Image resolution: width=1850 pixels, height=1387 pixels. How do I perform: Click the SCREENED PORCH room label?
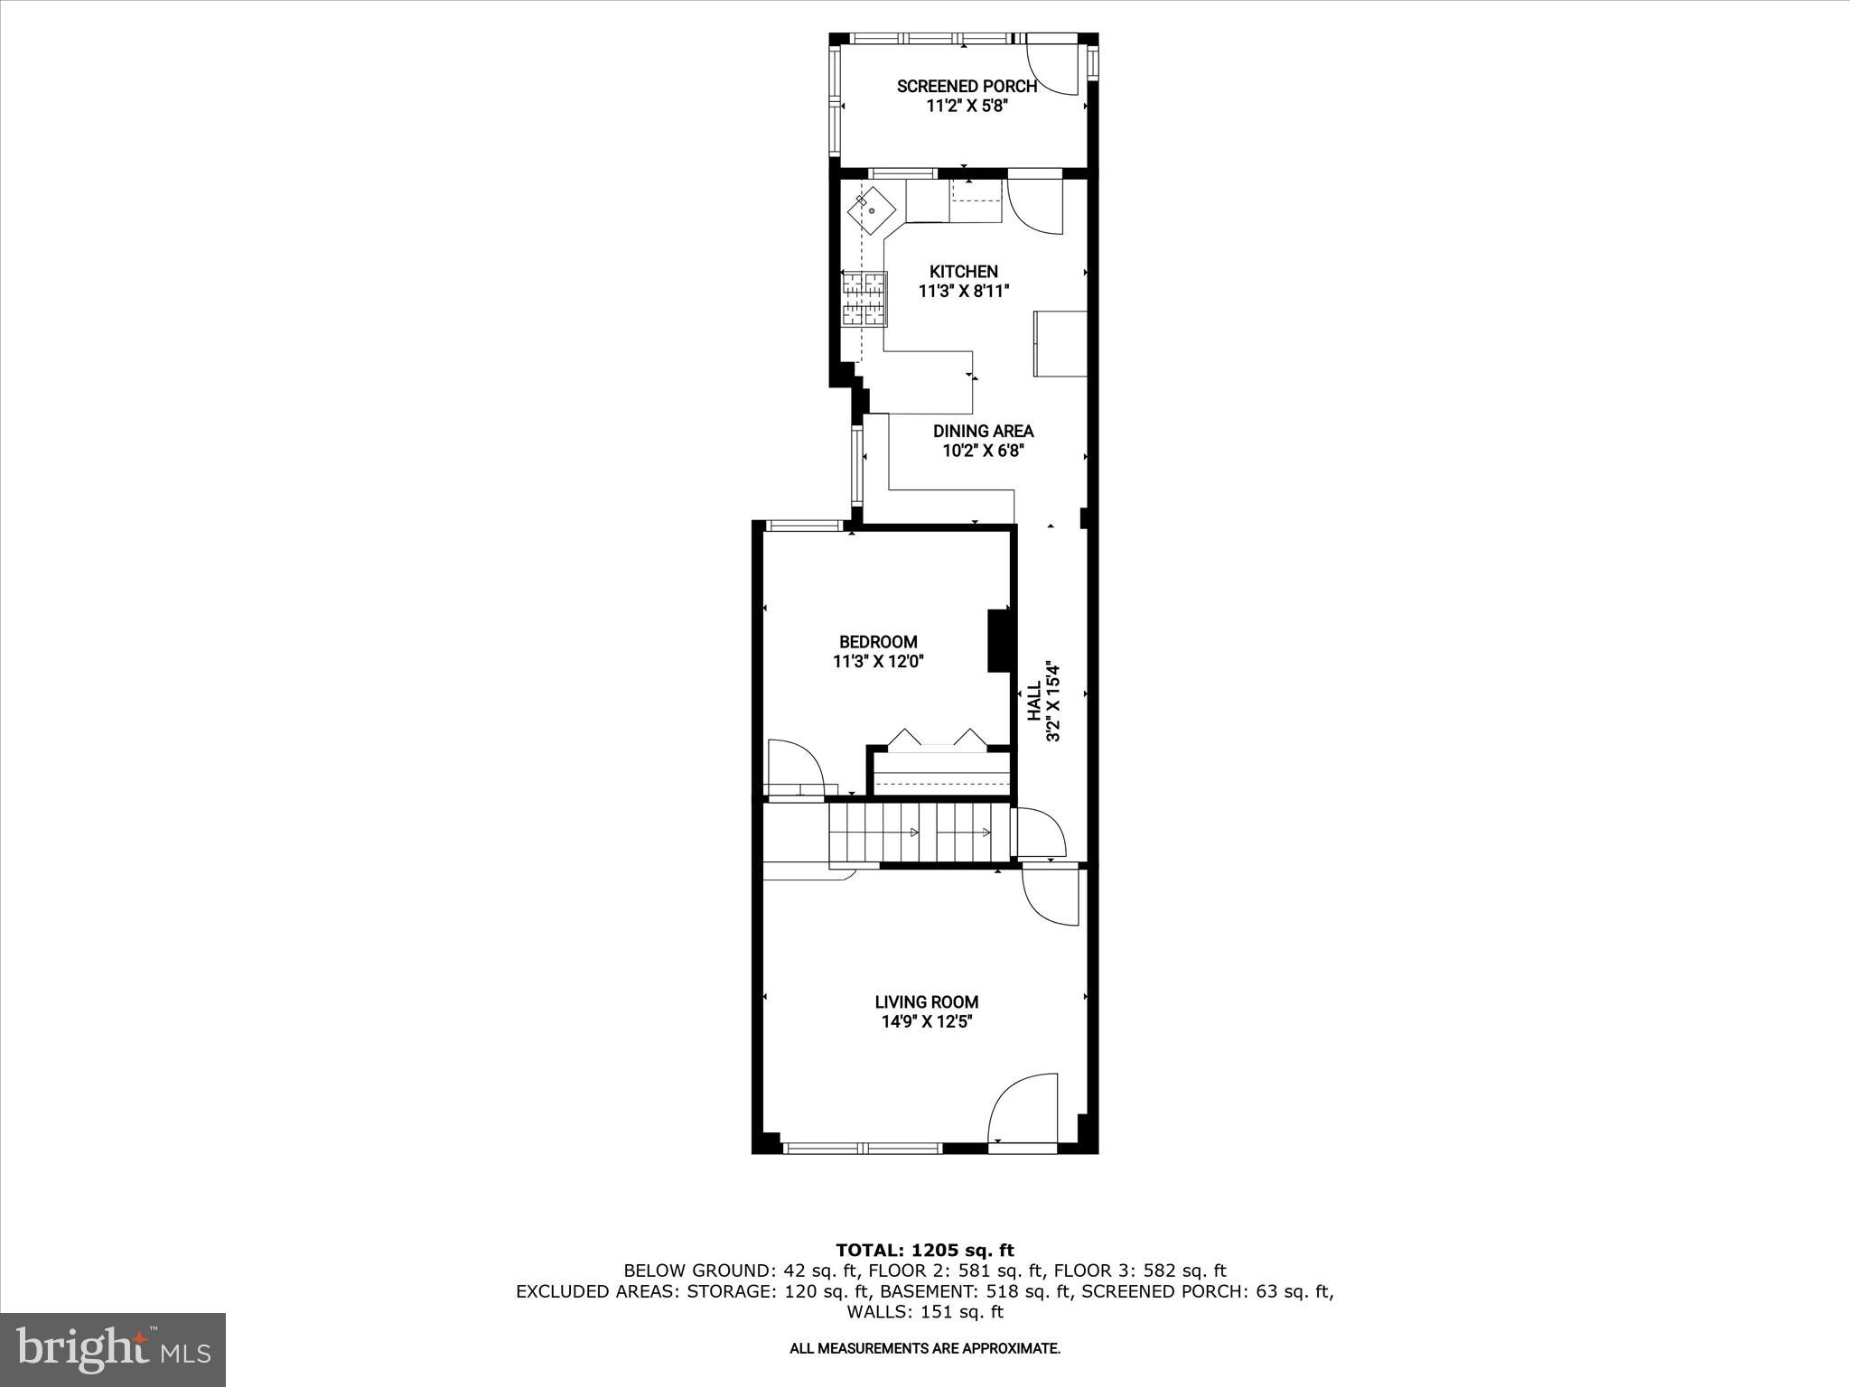966,87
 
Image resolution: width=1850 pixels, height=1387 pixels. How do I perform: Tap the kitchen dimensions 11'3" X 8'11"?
963,292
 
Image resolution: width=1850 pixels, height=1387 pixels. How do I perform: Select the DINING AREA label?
983,432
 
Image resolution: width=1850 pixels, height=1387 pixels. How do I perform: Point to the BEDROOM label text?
878,642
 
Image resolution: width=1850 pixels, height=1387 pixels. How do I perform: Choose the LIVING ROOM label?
926,1001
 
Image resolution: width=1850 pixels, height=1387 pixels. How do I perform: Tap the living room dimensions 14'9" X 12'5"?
926,1022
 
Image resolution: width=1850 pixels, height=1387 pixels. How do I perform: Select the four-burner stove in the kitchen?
865,298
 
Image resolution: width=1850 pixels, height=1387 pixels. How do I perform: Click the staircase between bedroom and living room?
920,833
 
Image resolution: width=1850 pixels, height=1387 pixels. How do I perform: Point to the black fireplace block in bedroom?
997,640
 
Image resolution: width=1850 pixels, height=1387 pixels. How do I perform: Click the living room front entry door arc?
1023,1109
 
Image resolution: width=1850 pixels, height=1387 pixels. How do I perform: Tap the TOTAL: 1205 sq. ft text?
925,1250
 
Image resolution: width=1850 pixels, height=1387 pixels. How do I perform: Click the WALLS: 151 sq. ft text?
925,1312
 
